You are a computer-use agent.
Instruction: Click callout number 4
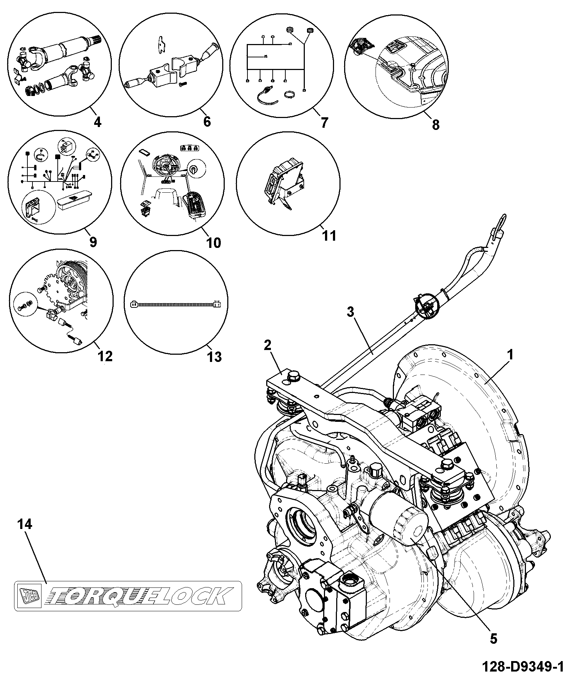(97, 122)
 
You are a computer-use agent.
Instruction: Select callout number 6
(207, 122)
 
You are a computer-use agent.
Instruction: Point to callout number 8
(436, 124)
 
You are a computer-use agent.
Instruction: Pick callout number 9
(93, 241)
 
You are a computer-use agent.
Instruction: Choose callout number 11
(329, 236)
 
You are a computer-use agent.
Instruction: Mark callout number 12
(105, 356)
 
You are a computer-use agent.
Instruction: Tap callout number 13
(214, 357)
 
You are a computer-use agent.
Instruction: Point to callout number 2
(267, 345)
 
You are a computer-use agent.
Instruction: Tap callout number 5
(493, 638)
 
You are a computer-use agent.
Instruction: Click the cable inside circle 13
(175, 304)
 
